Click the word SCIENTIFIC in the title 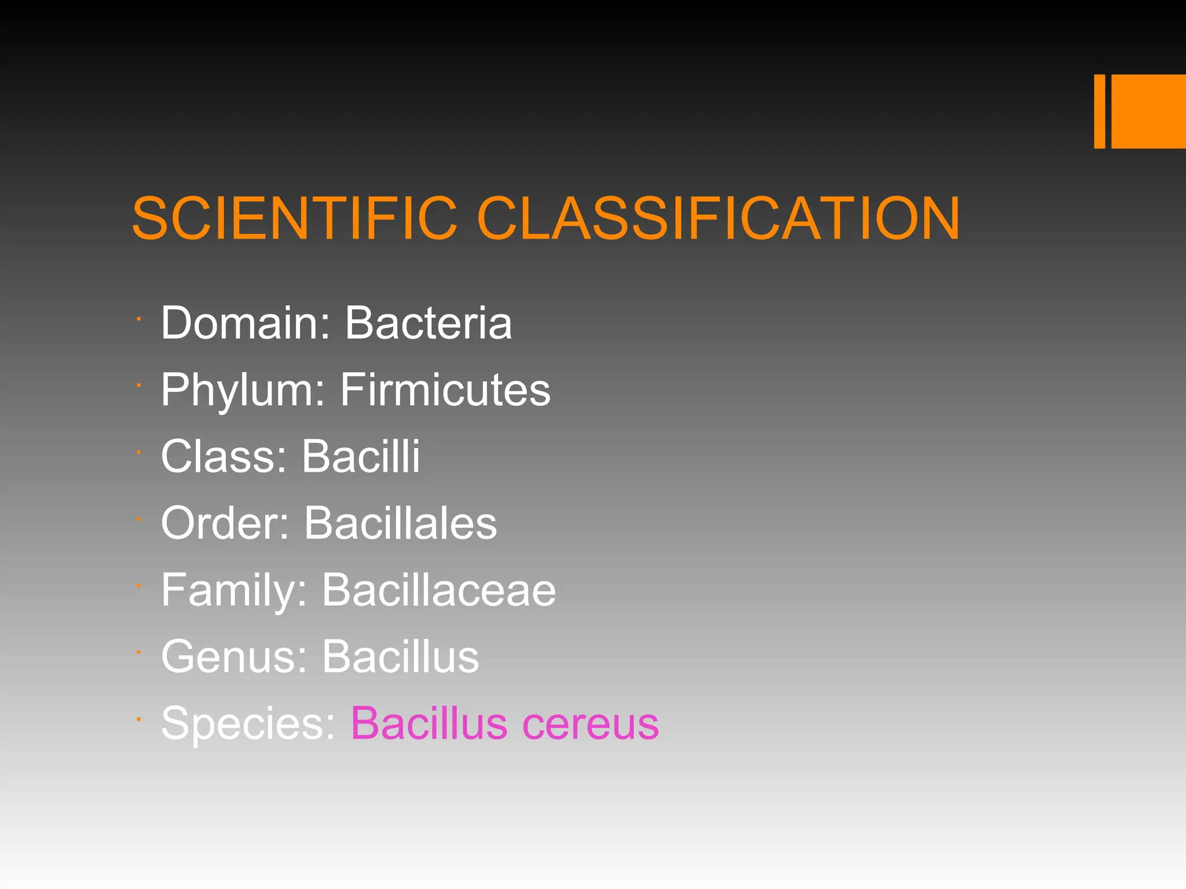coord(295,218)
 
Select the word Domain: coord(246,322)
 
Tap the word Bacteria coord(429,322)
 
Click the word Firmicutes coord(445,390)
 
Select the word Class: coord(224,456)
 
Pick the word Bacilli coord(360,456)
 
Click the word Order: coord(225,523)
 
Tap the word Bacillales coord(400,523)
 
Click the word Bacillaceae coord(438,590)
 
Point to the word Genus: coord(234,656)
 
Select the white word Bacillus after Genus coord(400,656)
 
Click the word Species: coord(248,723)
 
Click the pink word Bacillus coord(429,723)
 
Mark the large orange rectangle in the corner coord(1148,111)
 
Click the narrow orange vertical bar coord(1099,111)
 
